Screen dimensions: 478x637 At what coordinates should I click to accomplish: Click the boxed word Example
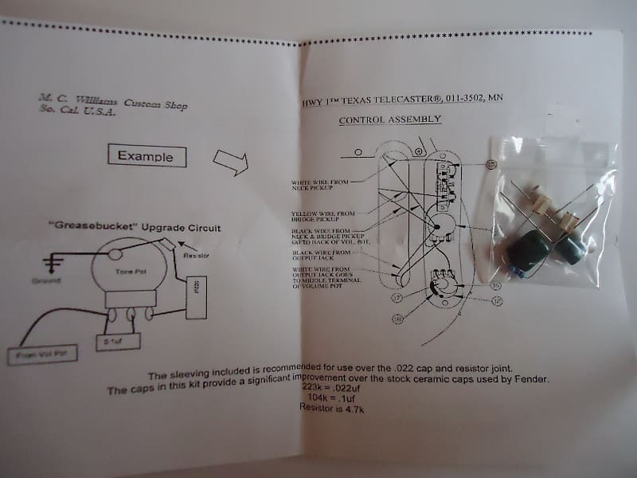click(146, 156)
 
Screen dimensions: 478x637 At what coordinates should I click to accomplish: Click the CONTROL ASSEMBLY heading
click(390, 120)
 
